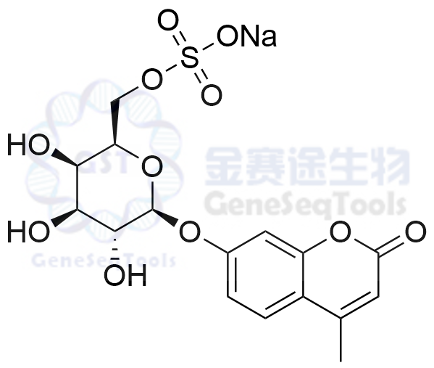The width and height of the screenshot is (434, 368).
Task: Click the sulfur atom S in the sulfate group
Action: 190,57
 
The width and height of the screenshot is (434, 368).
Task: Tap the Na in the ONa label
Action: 259,36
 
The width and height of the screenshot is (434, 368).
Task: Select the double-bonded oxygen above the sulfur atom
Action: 168,21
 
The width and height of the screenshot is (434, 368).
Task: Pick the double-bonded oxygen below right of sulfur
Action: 212,94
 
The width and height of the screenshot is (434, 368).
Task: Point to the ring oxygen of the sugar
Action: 151,166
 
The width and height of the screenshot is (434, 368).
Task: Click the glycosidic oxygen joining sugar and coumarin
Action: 190,231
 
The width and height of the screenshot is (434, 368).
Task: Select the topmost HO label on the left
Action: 28,144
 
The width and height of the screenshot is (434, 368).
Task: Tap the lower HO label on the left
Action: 28,231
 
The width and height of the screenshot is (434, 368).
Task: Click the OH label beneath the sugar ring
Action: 125,275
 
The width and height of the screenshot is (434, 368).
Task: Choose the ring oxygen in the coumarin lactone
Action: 340,231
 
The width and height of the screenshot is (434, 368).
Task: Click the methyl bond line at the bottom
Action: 341,340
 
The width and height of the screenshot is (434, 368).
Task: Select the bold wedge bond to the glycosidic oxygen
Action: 165,217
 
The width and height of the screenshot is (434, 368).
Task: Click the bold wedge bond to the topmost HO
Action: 65,158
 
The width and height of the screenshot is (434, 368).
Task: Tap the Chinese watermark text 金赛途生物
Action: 307,166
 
